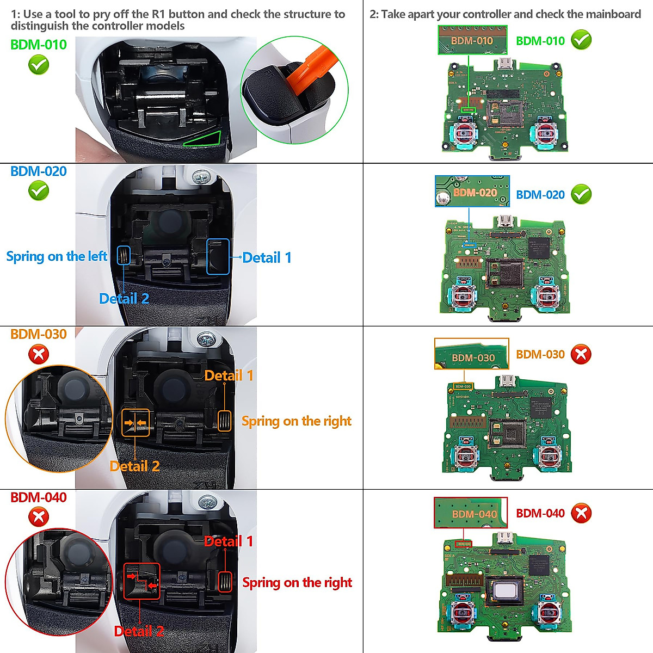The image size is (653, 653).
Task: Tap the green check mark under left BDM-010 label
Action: coord(39,65)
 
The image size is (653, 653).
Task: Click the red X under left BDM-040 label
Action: coord(39,516)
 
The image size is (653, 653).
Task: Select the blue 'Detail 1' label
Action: coord(267,258)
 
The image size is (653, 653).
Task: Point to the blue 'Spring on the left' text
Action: coord(57,256)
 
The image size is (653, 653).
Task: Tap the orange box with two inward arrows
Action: coord(135,423)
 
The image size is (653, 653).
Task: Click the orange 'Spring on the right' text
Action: coord(297,421)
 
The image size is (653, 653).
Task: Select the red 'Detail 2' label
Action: coord(139,631)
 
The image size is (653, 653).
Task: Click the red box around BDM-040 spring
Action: coord(225,582)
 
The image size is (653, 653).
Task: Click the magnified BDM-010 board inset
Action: coord(472,41)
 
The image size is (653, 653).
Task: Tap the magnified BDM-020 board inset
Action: coord(472,192)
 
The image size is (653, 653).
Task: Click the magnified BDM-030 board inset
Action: coord(471,354)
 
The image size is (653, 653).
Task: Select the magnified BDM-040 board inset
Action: coord(470,513)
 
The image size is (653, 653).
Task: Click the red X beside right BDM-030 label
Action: coord(581,354)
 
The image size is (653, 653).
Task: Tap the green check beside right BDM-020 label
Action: coord(581,194)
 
